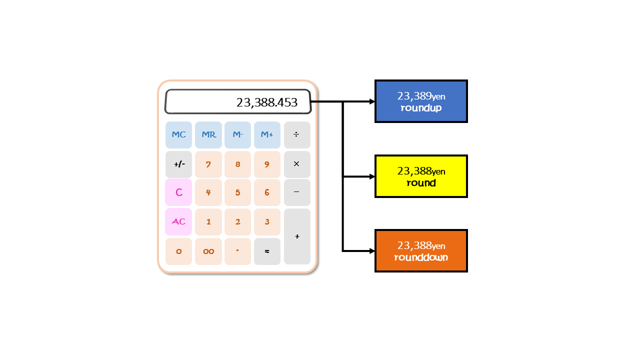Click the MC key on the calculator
point(178,135)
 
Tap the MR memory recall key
point(208,135)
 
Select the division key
point(297,135)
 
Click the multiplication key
point(297,164)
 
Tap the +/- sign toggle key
point(178,164)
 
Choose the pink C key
point(178,192)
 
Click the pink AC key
point(178,221)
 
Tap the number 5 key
point(237,192)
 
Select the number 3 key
point(267,221)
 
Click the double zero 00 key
point(208,251)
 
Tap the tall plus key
point(297,236)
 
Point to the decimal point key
point(237,251)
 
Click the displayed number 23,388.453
point(267,102)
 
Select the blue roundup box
point(421,101)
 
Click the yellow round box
point(421,176)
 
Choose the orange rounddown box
point(421,251)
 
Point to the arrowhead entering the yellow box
point(372,176)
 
